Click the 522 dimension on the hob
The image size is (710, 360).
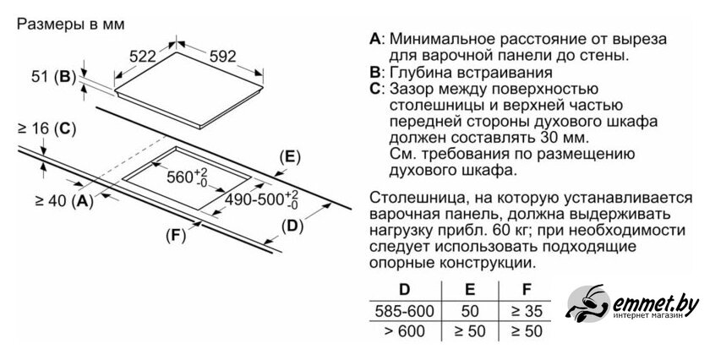142,56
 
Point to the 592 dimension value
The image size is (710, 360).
223,56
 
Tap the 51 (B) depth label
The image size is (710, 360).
53,77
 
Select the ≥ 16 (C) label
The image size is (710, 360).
46,129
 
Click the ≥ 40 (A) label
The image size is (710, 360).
64,200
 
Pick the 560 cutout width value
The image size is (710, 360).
187,177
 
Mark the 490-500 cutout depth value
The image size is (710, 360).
262,199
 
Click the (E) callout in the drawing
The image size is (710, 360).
290,157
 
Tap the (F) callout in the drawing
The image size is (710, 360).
176,236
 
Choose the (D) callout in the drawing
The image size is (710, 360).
292,226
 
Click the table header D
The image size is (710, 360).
404,289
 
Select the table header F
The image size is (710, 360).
526,289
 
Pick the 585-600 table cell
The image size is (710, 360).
404,311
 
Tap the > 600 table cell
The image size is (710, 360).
404,331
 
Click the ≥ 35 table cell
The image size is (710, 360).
526,311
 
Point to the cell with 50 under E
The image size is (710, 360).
470,311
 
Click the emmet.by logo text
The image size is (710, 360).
655,303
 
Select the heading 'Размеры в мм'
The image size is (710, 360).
71,24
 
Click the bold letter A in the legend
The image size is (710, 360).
375,39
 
